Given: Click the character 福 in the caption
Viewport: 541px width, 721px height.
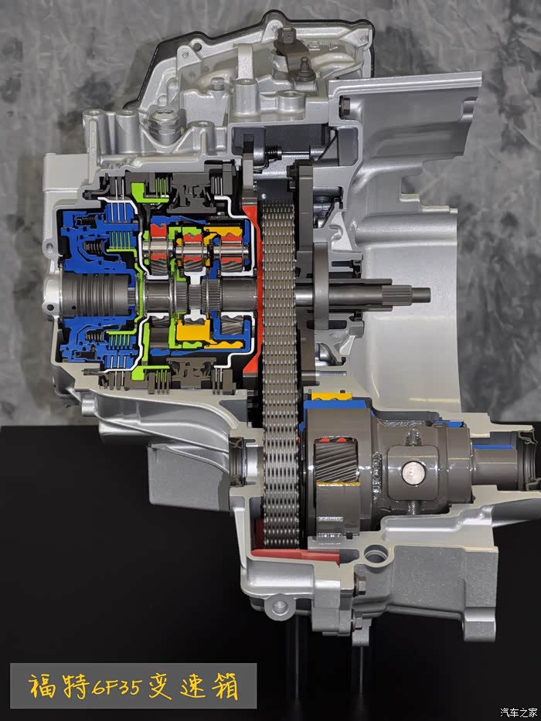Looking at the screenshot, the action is (43, 686).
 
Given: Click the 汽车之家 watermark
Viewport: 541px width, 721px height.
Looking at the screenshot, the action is (519, 712).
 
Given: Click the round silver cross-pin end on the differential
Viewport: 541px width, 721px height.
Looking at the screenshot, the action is (411, 473).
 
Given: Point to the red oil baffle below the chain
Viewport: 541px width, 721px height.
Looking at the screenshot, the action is (298, 554).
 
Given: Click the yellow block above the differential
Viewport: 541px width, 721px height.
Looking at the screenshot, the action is (329, 396).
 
